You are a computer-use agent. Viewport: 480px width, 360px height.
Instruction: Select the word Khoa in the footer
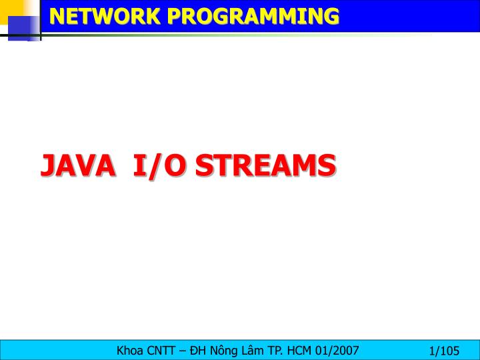(x=130, y=350)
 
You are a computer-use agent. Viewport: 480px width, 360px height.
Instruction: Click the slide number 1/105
(x=445, y=351)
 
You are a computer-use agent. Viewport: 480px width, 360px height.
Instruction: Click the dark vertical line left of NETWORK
(x=41, y=19)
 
